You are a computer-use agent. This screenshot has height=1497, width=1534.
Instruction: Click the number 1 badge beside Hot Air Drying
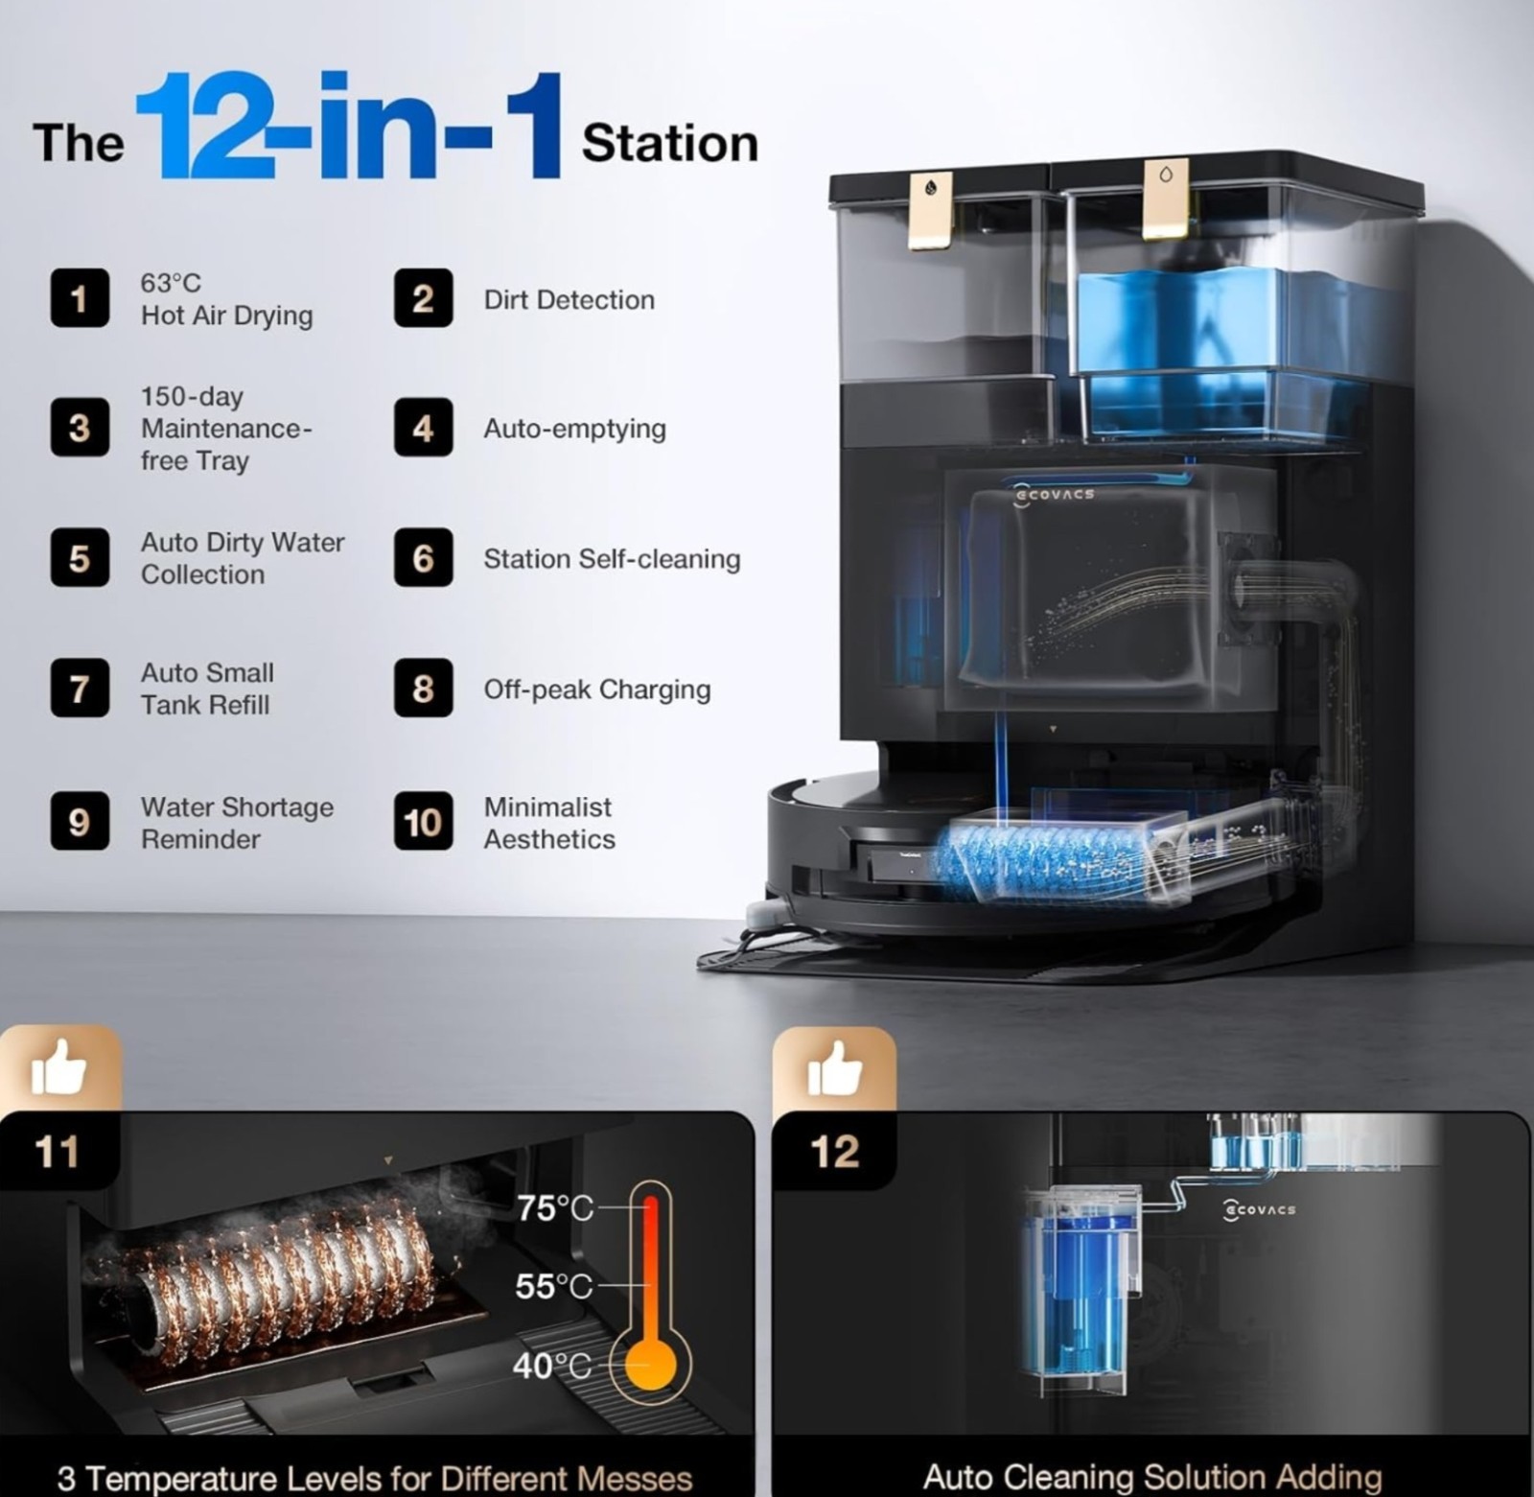click(80, 298)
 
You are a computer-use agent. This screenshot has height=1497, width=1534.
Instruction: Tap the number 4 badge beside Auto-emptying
click(423, 428)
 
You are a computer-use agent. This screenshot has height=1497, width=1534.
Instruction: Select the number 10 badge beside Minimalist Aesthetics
click(423, 822)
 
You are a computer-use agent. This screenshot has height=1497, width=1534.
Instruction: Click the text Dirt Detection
click(569, 300)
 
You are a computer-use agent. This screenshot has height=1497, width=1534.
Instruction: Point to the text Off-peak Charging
click(597, 690)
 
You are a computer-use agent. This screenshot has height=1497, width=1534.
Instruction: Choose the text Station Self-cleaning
click(612, 559)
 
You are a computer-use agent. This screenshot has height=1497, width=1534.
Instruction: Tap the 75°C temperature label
click(555, 1208)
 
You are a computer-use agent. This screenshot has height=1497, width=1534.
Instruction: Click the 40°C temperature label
click(552, 1365)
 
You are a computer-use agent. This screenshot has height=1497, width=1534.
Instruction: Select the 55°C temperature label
click(554, 1286)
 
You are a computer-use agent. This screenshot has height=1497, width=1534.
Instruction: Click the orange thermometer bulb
click(651, 1363)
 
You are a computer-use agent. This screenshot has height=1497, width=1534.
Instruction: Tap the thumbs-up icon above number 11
click(59, 1066)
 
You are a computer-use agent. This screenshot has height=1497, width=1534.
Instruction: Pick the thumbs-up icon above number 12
click(834, 1067)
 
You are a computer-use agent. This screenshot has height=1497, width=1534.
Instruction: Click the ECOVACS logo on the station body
click(1054, 494)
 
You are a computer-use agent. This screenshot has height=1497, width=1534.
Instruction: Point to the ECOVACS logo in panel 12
click(1259, 1210)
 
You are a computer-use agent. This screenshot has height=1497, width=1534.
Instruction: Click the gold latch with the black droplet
click(931, 211)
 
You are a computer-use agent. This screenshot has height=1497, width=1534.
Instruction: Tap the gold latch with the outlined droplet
click(1165, 199)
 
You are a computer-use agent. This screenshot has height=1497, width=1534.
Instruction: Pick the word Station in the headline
click(670, 144)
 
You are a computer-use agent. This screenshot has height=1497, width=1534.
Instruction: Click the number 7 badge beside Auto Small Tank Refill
click(80, 689)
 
